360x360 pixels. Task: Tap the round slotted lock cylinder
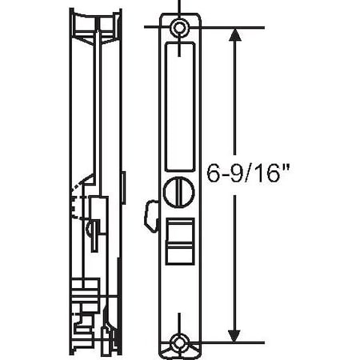[178, 193]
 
